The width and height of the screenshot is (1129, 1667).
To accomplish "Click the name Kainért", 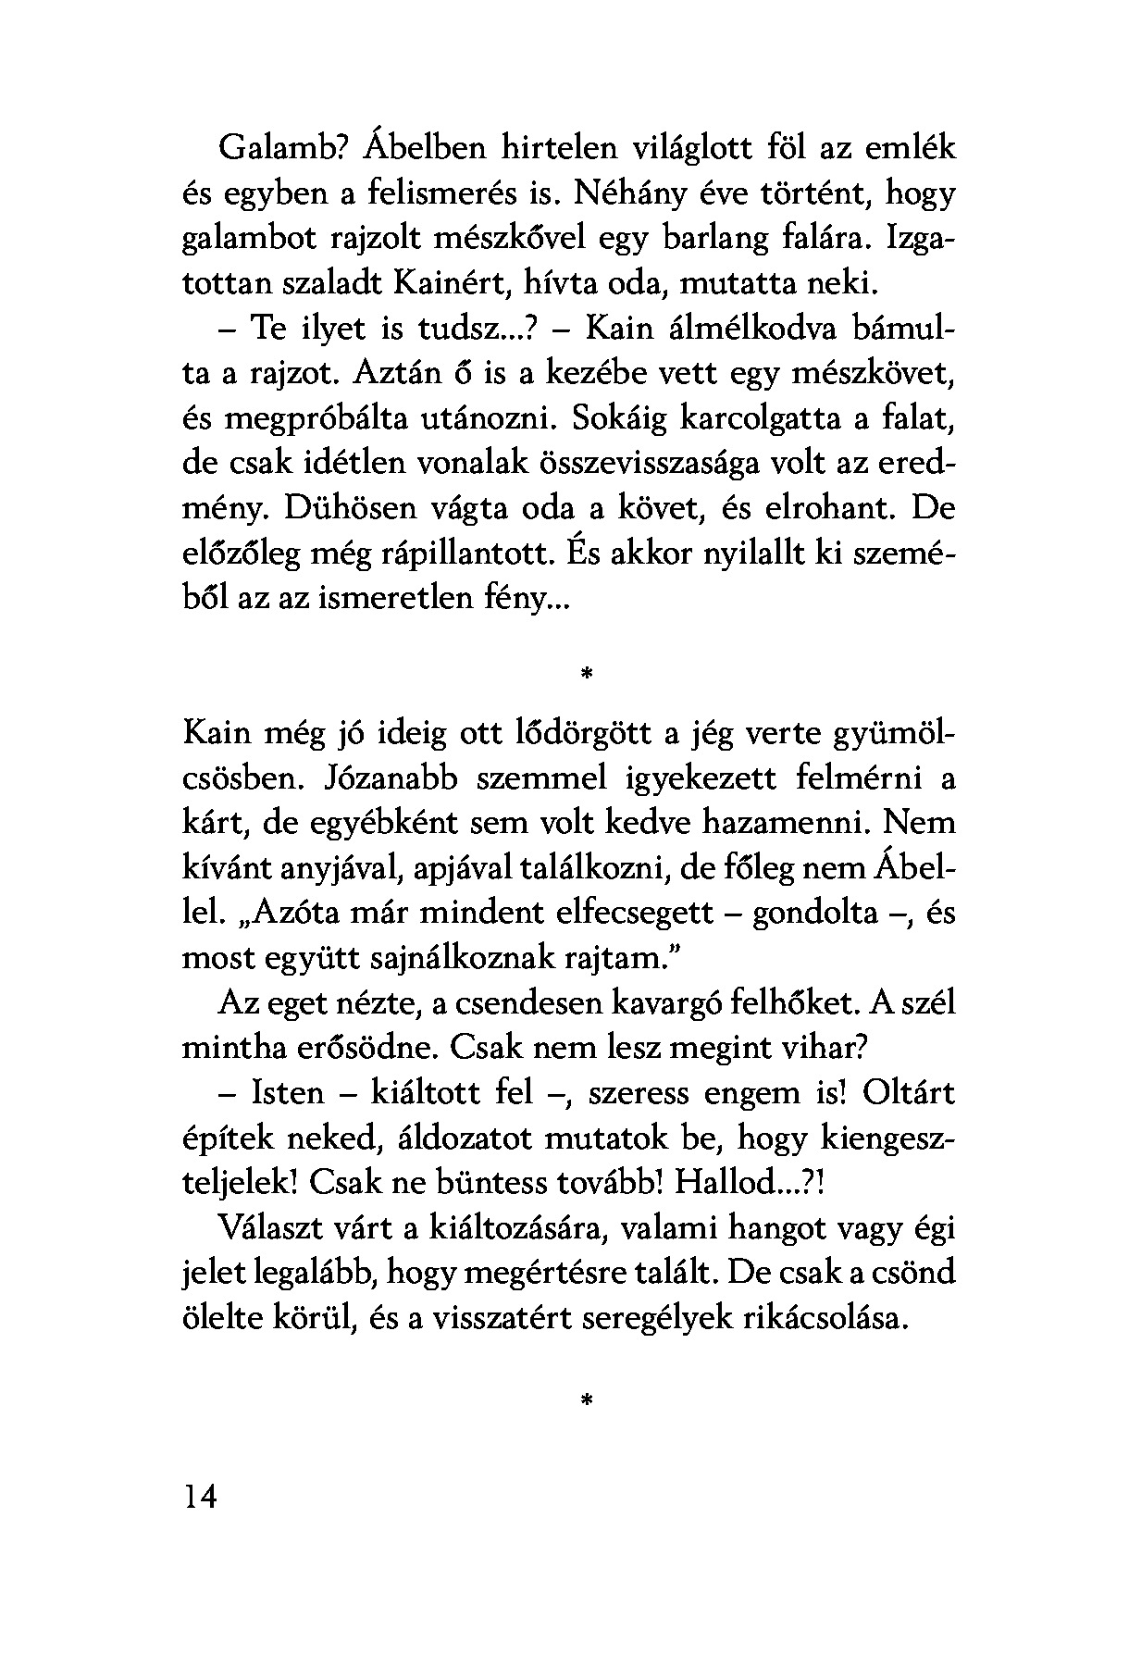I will point(454,284).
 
